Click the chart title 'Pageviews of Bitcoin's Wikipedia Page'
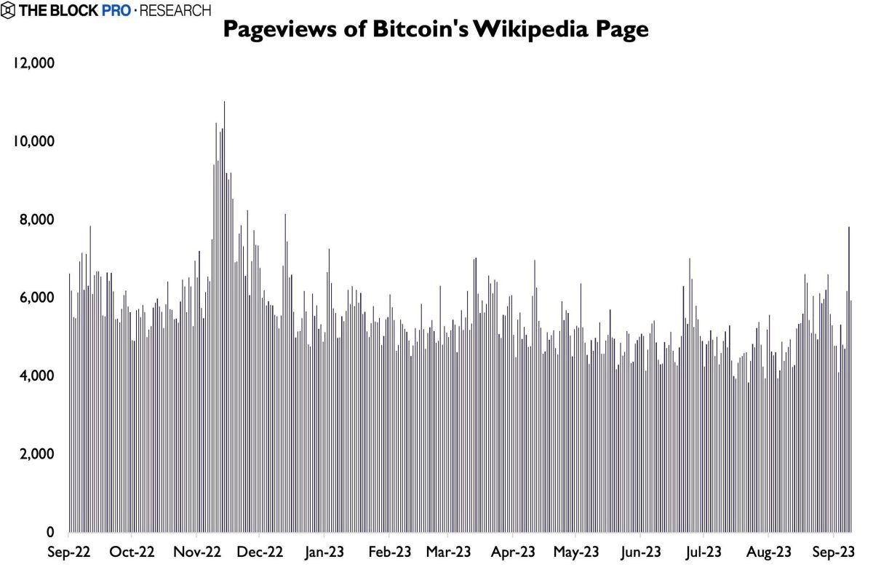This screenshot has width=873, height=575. (x=434, y=30)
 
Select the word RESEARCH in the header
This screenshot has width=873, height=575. (x=175, y=10)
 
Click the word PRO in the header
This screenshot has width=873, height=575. (x=116, y=10)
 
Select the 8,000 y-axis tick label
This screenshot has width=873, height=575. (x=33, y=220)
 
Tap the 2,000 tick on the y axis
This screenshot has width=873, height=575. (x=33, y=454)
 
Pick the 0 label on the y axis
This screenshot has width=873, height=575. (x=51, y=532)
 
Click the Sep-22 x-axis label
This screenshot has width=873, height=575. (x=70, y=552)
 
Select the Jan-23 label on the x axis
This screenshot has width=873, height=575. (x=324, y=552)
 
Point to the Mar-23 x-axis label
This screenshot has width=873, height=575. (x=449, y=552)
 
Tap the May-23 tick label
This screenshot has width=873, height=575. (x=576, y=552)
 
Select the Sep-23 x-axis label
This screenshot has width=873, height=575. (x=832, y=552)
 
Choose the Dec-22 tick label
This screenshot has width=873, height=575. (x=260, y=552)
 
